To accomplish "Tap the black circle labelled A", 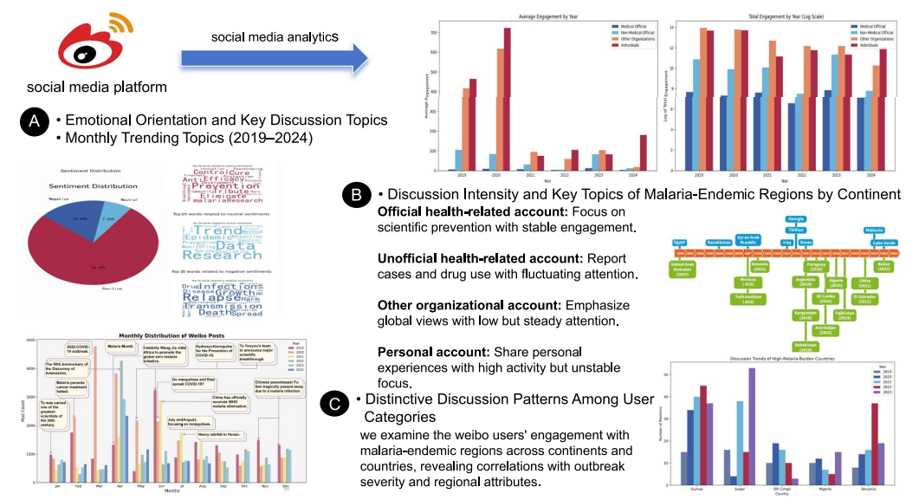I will tap(33, 124).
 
